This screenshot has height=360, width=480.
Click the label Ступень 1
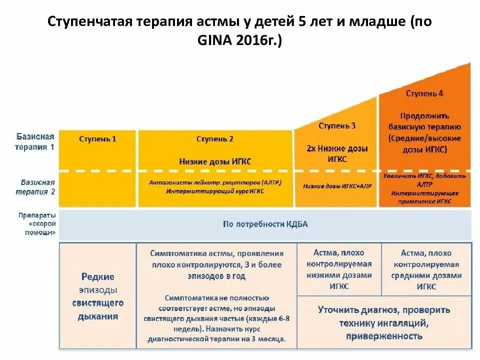click(x=97, y=139)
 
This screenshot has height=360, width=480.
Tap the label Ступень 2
click(x=215, y=139)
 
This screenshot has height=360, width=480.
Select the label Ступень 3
click(x=337, y=126)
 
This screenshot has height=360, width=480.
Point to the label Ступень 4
click(x=424, y=93)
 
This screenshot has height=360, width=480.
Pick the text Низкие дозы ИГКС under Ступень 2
click(x=215, y=161)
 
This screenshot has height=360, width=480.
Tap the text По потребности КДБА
click(x=265, y=224)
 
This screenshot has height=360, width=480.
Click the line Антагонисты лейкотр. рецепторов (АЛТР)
click(x=215, y=182)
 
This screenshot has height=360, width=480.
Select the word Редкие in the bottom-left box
click(x=97, y=276)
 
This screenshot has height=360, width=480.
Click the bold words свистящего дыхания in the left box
click(x=97, y=309)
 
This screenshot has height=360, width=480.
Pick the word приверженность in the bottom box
click(x=384, y=336)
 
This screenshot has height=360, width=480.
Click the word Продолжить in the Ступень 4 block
click(x=424, y=115)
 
